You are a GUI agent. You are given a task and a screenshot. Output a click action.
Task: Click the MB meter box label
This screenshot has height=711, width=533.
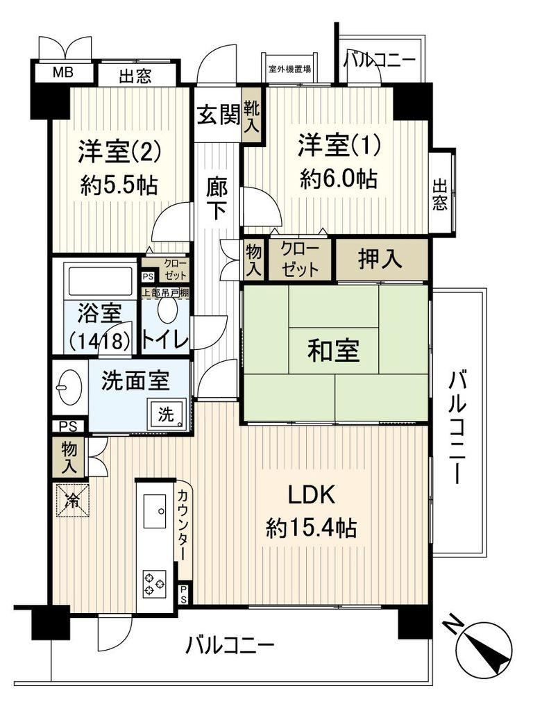(63, 72)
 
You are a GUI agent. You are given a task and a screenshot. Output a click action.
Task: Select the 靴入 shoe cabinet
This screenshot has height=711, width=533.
(251, 117)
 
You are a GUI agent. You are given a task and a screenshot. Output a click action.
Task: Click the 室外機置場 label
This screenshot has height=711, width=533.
(289, 70)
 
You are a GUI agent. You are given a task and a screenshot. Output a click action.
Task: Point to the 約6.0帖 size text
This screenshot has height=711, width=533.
(339, 178)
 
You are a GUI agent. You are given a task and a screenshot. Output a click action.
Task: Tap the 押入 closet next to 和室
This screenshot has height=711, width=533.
(382, 259)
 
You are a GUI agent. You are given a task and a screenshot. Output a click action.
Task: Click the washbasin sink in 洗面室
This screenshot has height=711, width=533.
(69, 387)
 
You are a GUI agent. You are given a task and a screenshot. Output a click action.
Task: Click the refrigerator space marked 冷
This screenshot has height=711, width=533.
(71, 500)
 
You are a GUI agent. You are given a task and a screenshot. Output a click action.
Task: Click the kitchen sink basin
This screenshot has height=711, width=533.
(155, 511)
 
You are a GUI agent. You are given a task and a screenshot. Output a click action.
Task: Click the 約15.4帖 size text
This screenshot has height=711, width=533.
(312, 528)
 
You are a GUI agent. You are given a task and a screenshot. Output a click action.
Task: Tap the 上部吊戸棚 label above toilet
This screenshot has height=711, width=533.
(165, 293)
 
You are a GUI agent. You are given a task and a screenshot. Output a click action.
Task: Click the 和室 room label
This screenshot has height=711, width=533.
(334, 351)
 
